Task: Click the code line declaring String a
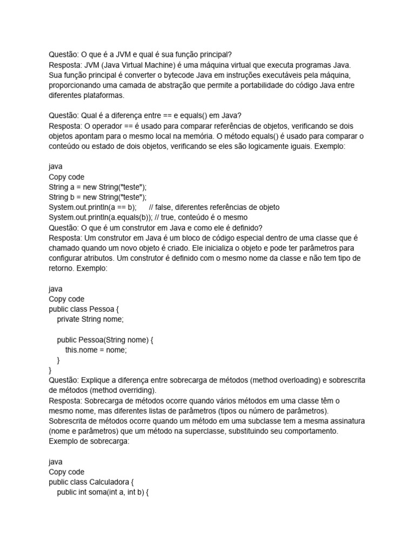coord(97,187)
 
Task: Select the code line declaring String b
coord(97,197)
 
